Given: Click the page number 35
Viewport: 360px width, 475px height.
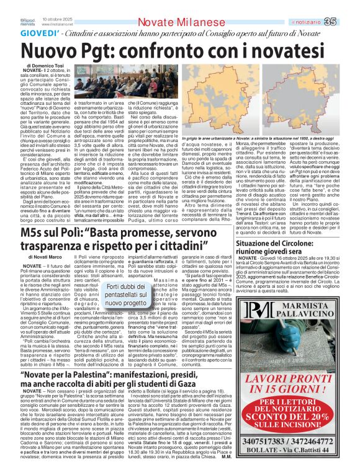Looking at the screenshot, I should tap(347, 6).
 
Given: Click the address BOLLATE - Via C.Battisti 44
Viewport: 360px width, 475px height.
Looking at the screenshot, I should tap(294, 461).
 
